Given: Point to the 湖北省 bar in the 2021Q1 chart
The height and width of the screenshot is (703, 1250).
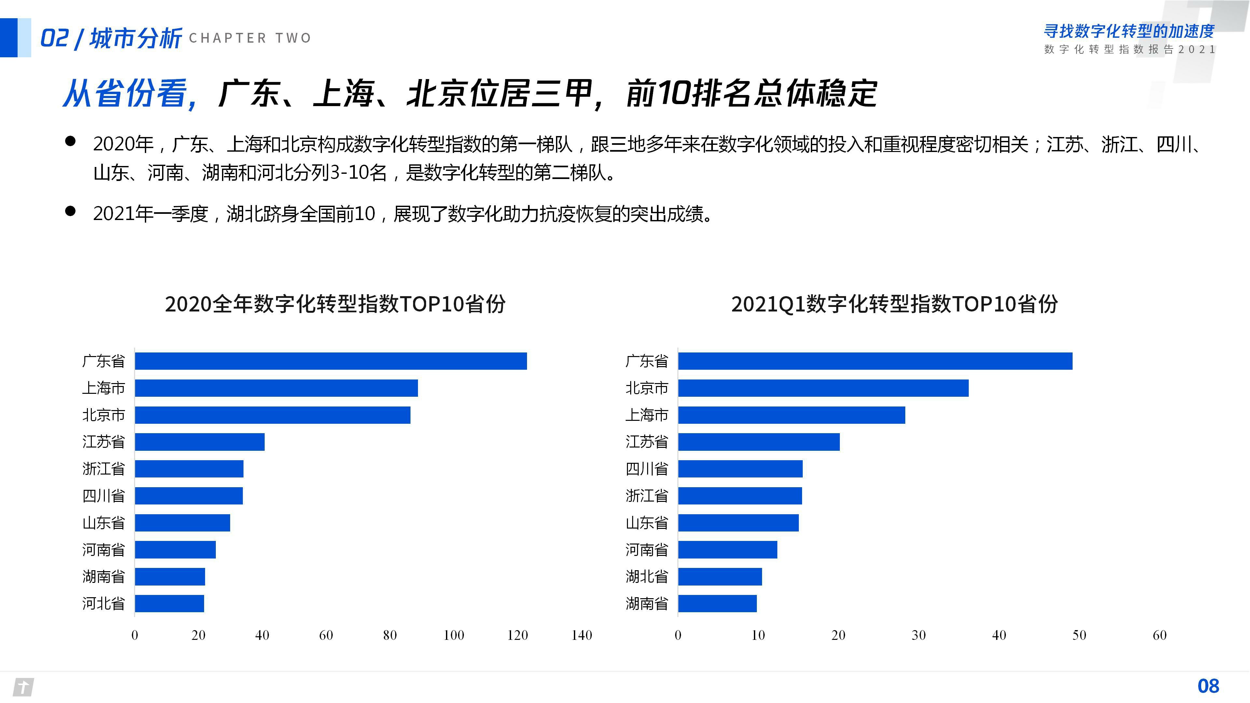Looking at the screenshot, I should coord(720,576).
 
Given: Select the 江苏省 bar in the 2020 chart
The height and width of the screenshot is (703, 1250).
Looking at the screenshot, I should coord(200,442).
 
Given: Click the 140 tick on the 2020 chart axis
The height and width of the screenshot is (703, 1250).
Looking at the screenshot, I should coord(581,635).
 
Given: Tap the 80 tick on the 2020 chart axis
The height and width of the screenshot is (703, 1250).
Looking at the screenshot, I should coord(390,635).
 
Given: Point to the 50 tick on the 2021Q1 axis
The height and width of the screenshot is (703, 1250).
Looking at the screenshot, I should coord(1079,635).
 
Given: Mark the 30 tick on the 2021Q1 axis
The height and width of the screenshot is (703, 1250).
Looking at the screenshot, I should coord(919,635).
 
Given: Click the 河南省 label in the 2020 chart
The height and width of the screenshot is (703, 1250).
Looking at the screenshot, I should coord(104,550).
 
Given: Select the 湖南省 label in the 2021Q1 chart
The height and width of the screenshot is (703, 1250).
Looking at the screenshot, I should coord(646,603).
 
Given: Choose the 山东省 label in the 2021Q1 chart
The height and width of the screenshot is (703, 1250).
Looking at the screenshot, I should coord(646,522).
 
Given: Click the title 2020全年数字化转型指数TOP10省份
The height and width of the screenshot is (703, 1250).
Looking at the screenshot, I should coord(335,304).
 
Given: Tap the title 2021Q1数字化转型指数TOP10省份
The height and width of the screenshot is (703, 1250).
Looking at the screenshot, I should coord(894,304).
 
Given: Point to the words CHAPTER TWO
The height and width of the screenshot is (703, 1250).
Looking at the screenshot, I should coord(250,38).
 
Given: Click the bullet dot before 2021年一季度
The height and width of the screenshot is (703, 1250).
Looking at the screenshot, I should coord(70,211).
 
